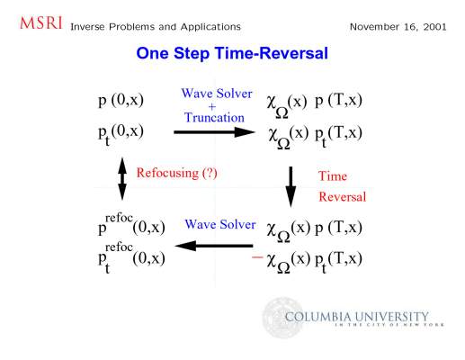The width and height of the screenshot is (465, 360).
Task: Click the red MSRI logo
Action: click(41, 23)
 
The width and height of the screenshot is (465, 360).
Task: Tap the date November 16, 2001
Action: click(398, 27)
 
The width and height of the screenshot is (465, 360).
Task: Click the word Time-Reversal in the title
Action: click(272, 53)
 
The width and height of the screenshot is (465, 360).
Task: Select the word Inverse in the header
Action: click(87, 27)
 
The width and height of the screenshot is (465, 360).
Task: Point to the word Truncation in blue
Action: click(214, 117)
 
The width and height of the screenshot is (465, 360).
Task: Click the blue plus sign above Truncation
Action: click(212, 106)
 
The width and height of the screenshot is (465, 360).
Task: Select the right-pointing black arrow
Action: click(214, 132)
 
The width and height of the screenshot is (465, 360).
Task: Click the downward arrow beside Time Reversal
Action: click(291, 187)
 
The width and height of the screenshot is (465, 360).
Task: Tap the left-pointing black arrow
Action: click(214, 246)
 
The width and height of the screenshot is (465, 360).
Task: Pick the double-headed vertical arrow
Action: click(122, 179)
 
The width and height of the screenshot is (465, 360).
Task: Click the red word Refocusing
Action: click(167, 173)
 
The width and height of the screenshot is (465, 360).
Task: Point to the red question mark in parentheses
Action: click(210, 173)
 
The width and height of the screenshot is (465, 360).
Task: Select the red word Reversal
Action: click(343, 197)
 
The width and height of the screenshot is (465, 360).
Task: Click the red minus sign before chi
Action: click(257, 256)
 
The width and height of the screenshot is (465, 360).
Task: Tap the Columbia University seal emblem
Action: click(282, 318)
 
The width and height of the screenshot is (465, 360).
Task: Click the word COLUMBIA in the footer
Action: click(318, 317)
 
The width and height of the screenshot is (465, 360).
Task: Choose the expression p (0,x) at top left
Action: click(121, 100)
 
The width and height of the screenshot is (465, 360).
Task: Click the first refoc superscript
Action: click(119, 218)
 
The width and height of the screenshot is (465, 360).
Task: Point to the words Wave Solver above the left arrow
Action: click(220, 224)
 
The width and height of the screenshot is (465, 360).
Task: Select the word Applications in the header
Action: click(210, 27)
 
